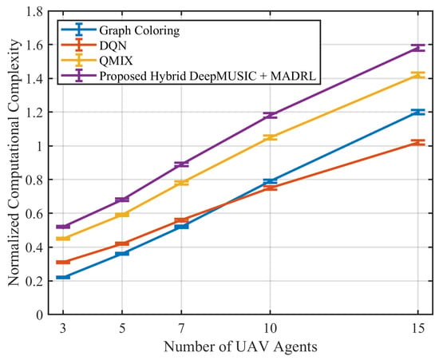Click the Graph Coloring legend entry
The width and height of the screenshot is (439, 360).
pyautogui.click(x=140, y=30)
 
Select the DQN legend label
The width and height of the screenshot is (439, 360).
pyautogui.click(x=113, y=45)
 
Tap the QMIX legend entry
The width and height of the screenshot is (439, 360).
pyautogui.click(x=116, y=61)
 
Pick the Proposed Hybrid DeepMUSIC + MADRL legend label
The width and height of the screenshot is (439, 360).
pyautogui.click(x=208, y=76)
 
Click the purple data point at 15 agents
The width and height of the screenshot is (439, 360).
pyautogui.click(x=418, y=48)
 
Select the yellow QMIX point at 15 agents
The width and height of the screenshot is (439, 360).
pyautogui.click(x=418, y=75)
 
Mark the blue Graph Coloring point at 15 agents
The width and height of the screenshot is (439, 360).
pyautogui.click(x=418, y=112)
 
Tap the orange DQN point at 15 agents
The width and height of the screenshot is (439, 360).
pyautogui.click(x=418, y=143)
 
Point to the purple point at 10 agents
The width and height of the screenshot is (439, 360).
pyautogui.click(x=270, y=115)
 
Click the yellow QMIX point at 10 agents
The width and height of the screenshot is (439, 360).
pyautogui.click(x=270, y=137)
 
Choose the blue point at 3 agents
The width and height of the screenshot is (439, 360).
pyautogui.click(x=63, y=277)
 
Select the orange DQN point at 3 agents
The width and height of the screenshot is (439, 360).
pyautogui.click(x=63, y=262)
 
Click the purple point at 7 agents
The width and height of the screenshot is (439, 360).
pyautogui.click(x=181, y=164)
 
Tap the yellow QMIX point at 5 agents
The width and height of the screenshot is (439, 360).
pyautogui.click(x=122, y=215)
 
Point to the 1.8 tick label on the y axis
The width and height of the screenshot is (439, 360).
pyautogui.click(x=34, y=11)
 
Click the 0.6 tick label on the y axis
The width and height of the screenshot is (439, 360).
pyautogui.click(x=34, y=214)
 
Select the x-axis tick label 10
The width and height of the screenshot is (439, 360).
pyautogui.click(x=270, y=328)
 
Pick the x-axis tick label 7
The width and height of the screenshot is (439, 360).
pyautogui.click(x=181, y=328)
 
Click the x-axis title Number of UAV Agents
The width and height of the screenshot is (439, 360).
pyautogui.click(x=240, y=347)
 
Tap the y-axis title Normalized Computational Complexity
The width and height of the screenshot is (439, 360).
pyautogui.click(x=14, y=163)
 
